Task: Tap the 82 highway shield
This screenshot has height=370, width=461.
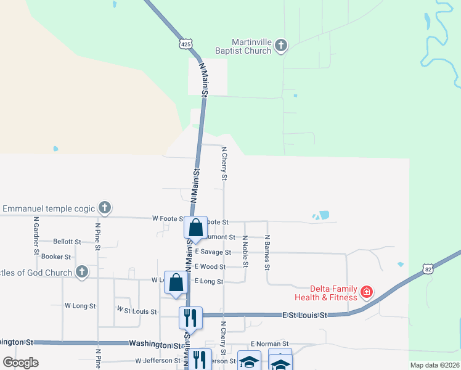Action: [x=428, y=268]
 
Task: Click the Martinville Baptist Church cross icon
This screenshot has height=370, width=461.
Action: [x=281, y=44]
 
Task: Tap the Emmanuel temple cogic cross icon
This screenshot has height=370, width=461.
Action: [x=105, y=208]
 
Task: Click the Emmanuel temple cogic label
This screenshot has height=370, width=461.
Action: [x=49, y=208]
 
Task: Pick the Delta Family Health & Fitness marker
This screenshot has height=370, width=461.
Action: [x=367, y=291]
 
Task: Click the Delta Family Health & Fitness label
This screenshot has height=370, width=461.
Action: [x=333, y=293]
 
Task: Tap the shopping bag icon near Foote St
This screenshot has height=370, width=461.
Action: [x=195, y=228]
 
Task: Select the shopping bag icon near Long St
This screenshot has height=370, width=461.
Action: [x=176, y=282]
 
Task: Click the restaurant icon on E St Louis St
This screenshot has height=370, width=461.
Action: [x=190, y=318]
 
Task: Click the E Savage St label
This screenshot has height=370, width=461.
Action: [x=213, y=252]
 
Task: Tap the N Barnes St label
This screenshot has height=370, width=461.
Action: [x=267, y=252]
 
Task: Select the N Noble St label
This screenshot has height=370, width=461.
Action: [x=245, y=252]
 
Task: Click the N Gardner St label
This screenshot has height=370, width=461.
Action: [x=36, y=236]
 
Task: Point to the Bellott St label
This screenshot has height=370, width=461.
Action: [x=67, y=242]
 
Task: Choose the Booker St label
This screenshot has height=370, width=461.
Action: [x=57, y=257]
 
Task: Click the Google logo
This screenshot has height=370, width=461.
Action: [x=20, y=363]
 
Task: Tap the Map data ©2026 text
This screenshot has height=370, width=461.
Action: [x=434, y=365]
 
